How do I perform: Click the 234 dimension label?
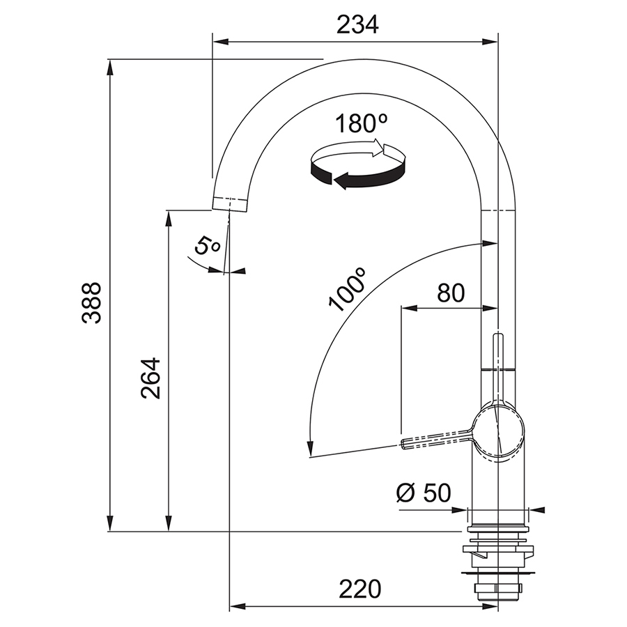[357, 25]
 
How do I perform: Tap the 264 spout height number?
[150, 378]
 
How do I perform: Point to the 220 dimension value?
[360, 589]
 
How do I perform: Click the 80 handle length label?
[451, 293]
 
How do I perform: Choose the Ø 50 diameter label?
[424, 493]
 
